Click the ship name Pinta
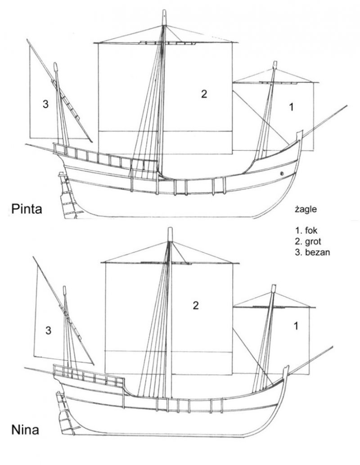(x=27, y=209)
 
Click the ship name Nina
(x=25, y=429)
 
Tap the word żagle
(x=306, y=210)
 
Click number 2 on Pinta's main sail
(x=204, y=94)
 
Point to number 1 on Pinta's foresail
(x=292, y=107)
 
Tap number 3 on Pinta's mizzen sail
(x=45, y=104)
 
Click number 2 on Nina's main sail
(x=196, y=306)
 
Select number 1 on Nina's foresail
(x=296, y=326)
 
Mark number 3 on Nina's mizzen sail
(x=48, y=330)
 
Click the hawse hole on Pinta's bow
(x=282, y=173)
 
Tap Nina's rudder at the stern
(x=65, y=413)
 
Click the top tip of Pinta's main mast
(x=164, y=10)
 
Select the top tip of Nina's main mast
(x=170, y=228)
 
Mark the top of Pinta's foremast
(x=275, y=62)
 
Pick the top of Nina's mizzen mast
(x=65, y=287)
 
